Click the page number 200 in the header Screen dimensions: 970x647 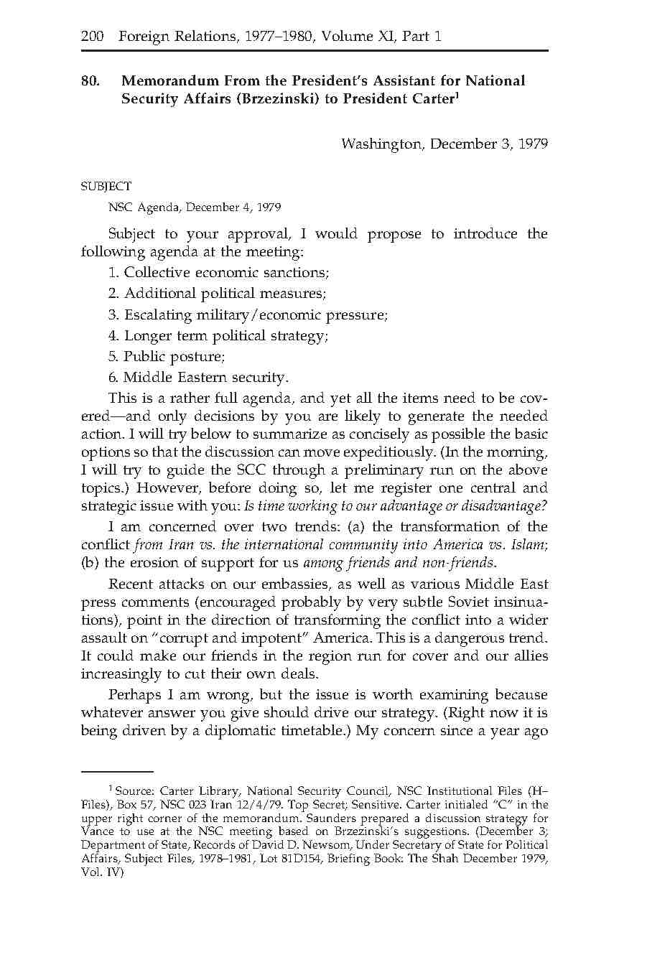(x=93, y=36)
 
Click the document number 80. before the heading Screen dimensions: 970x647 (x=90, y=81)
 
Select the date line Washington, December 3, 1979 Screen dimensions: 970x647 (x=444, y=144)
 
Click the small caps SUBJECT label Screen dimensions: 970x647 (x=106, y=187)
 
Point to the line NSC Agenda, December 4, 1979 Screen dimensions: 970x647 (x=194, y=207)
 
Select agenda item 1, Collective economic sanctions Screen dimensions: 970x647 (x=219, y=273)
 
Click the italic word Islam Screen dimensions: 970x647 (x=530, y=545)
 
